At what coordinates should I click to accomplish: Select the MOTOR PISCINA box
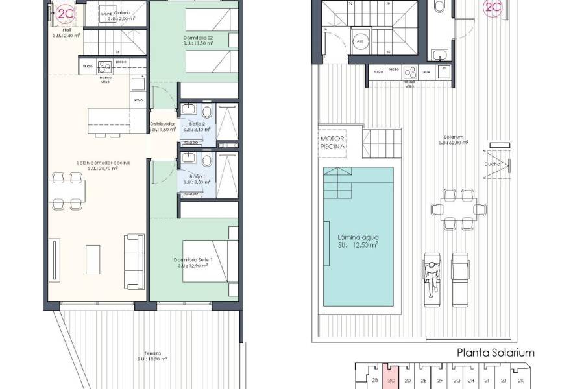pyautogui.click(x=333, y=143)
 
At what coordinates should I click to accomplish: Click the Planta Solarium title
pyautogui.click(x=496, y=353)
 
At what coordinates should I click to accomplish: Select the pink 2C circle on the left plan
pyautogui.click(x=66, y=14)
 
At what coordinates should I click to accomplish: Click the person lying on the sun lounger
pyautogui.click(x=432, y=277)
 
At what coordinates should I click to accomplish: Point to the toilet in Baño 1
pyautogui.click(x=206, y=161)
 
